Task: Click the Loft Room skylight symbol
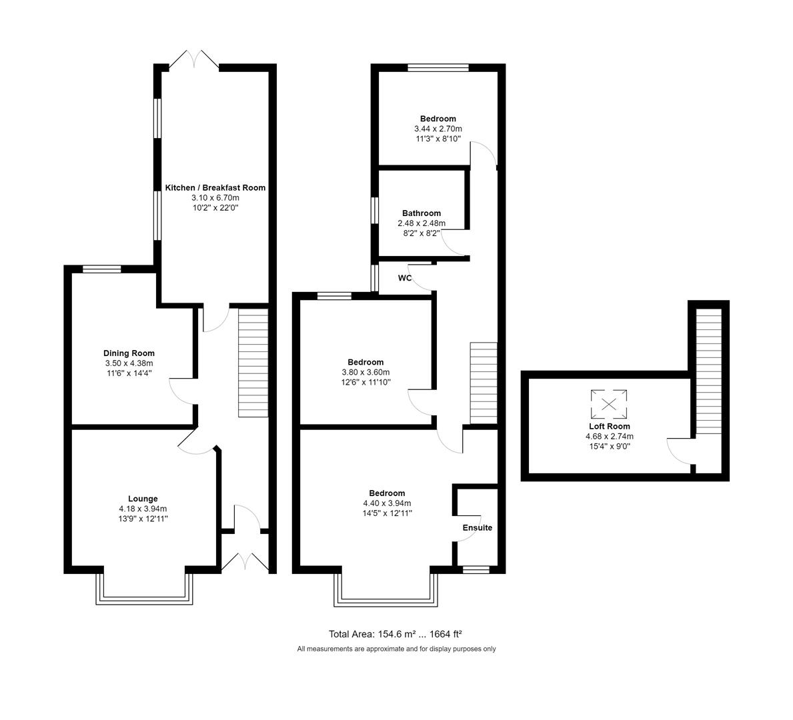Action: pos(609,403)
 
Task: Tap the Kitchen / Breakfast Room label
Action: pos(215,188)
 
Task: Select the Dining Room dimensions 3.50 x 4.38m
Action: pos(129,363)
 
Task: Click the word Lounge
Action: pos(143,499)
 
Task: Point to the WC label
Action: pos(405,278)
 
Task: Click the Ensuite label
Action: pos(478,527)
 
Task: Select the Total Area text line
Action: pos(395,634)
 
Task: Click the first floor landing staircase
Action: pos(484,383)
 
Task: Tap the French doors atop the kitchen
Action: pos(194,60)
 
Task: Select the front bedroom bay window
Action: pos(386,591)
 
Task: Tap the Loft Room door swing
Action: pos(679,451)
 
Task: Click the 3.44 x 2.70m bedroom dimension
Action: pos(438,129)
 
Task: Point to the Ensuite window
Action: pos(476,569)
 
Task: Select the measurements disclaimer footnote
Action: pos(396,649)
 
